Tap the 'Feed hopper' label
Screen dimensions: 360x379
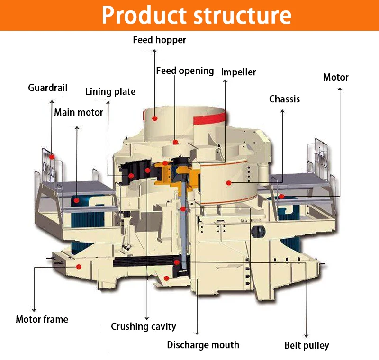tap(159, 40)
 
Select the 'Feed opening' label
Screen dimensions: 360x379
tap(185, 71)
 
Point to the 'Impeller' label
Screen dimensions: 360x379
tap(238, 72)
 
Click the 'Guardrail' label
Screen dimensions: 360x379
tap(47, 88)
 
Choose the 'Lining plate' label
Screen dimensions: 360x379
tap(110, 91)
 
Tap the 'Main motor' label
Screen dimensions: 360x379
tap(78, 113)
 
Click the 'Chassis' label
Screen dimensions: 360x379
tap(284, 99)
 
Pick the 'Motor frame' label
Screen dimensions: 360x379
tap(42, 319)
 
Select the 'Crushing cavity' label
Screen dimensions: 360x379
tap(143, 326)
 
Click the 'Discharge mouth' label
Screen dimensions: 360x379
tap(203, 345)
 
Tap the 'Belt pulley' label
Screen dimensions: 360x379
tap(306, 345)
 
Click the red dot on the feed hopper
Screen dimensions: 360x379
tap(155, 117)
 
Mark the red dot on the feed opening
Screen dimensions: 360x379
tap(175, 142)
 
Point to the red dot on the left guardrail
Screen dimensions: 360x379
tap(52, 156)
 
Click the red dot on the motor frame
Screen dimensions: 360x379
tap(79, 267)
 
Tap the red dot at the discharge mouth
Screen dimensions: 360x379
tap(166, 278)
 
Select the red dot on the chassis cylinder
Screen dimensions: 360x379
tap(229, 182)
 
